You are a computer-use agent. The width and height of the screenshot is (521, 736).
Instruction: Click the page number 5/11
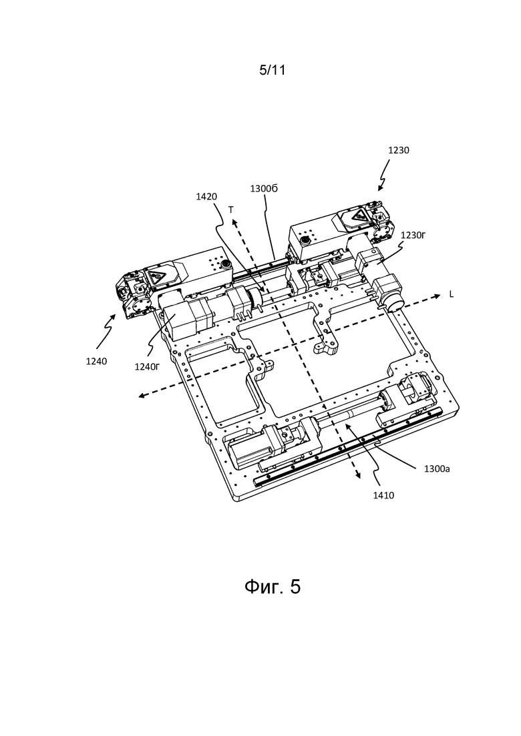272,71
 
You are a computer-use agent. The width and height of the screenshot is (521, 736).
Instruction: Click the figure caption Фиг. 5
273,587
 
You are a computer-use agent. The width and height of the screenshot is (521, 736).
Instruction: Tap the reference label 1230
398,150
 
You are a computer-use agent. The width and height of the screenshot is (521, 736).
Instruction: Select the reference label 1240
96,362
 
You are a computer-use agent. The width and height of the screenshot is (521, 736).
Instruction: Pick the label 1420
206,197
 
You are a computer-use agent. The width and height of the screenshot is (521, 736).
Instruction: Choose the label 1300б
264,188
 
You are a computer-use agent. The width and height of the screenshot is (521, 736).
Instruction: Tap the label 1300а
436,468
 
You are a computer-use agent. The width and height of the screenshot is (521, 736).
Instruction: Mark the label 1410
383,495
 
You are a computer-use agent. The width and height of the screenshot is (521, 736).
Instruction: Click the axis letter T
231,211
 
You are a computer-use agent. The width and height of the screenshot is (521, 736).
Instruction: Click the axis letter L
452,295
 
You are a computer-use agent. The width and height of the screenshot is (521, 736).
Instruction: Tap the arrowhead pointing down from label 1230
380,188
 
